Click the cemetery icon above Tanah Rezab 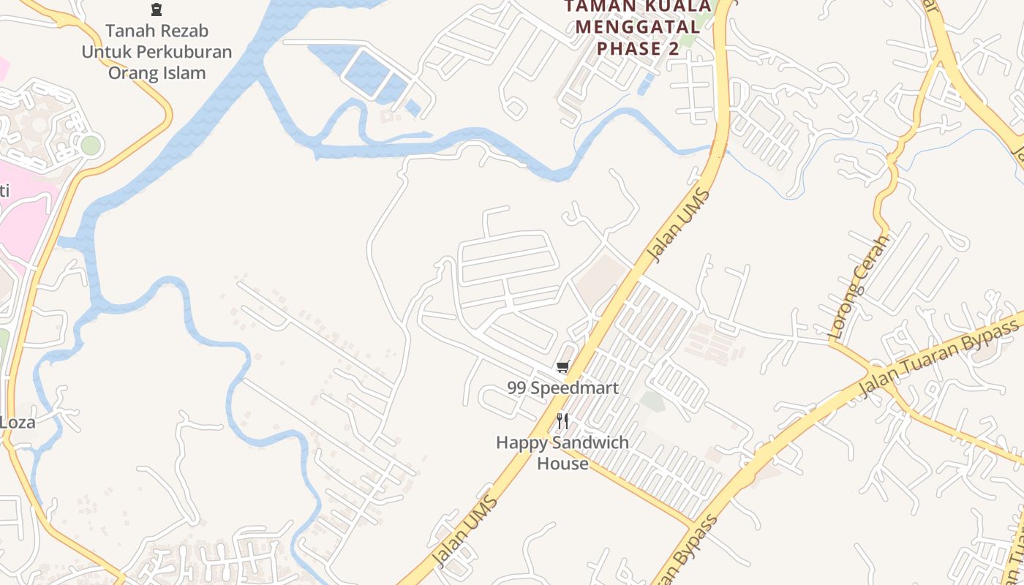click(x=156, y=10)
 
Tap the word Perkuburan click(x=181, y=52)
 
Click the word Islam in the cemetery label click(x=185, y=73)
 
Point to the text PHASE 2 click(x=638, y=48)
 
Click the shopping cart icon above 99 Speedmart click(x=562, y=367)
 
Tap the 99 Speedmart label click(x=562, y=388)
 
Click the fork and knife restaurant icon click(x=562, y=421)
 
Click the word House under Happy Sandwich click(x=562, y=464)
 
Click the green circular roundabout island click(x=90, y=146)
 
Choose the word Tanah click(x=127, y=31)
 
